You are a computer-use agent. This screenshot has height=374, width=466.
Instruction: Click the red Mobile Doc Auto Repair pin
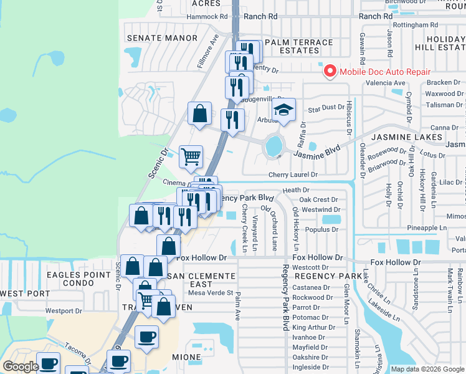pyautogui.click(x=330, y=71)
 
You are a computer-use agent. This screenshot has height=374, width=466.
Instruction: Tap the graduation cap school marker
pyautogui.click(x=283, y=112)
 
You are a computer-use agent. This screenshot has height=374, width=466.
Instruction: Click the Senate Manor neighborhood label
pyautogui.click(x=162, y=38)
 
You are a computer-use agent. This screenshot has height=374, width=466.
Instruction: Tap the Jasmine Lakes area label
pyautogui.click(x=407, y=137)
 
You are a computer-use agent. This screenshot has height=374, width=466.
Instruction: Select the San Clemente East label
pyautogui.click(x=201, y=280)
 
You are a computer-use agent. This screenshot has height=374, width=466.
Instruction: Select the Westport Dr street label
pyautogui.click(x=64, y=310)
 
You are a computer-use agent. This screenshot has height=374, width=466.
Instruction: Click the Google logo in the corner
pyautogui.click(x=21, y=367)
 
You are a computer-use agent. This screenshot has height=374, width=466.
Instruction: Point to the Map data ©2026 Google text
pyautogui.click(x=427, y=369)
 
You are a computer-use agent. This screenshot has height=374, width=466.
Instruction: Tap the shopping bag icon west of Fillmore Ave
pyautogui.click(x=200, y=115)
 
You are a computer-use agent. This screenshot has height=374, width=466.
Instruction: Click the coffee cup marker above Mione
pyautogui.click(x=146, y=337)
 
